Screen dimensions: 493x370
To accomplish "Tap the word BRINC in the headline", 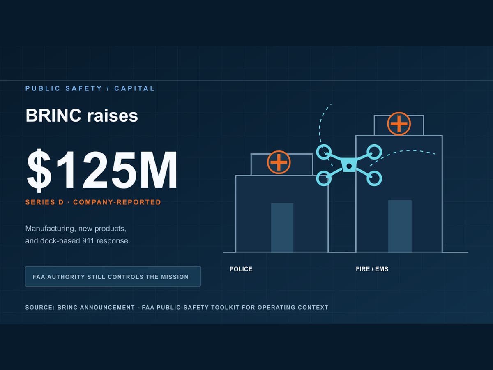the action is click(53, 116).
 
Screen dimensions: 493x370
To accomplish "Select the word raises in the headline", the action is click(113, 116).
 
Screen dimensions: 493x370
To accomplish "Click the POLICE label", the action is click(241, 269).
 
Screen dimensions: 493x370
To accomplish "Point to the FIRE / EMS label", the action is click(372, 269).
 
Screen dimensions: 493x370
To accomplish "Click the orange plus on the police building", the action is click(279, 162).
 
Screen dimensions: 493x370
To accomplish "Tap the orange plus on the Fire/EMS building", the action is click(399, 124).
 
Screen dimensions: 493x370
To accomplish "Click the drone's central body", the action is click(349, 165).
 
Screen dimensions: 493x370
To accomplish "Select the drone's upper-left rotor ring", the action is click(324, 152).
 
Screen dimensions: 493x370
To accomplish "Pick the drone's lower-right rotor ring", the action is click(374, 178).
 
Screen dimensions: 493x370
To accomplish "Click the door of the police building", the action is click(282, 228).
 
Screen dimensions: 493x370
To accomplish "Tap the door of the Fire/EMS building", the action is click(400, 226).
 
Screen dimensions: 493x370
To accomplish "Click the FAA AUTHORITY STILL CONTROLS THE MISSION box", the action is click(113, 276).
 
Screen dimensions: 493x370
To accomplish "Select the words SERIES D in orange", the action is click(44, 202).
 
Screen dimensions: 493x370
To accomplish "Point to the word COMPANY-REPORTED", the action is click(117, 202).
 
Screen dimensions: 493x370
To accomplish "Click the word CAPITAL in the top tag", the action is click(134, 88).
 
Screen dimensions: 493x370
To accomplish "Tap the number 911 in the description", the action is click(88, 241).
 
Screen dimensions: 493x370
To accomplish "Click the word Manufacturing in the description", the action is click(50, 229).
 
